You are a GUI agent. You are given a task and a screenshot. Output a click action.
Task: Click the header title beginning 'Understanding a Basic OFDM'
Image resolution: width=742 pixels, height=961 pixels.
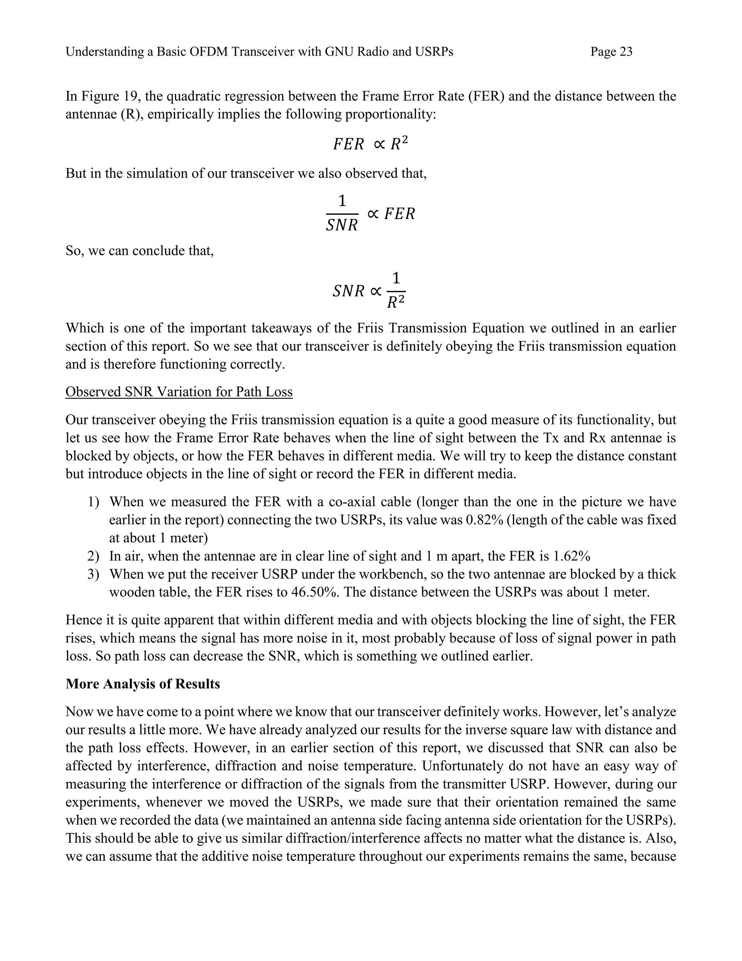pyautogui.click(x=259, y=52)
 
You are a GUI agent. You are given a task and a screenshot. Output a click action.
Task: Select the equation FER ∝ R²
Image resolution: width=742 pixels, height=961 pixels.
pyautogui.click(x=370, y=144)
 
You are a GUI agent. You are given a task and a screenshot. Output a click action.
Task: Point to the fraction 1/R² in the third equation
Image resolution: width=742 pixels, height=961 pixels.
pyautogui.click(x=396, y=291)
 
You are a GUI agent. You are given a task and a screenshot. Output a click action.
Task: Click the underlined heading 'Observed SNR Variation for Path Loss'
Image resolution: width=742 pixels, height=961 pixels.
pyautogui.click(x=179, y=392)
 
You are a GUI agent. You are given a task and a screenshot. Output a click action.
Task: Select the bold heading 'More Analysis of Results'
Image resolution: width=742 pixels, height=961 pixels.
pyautogui.click(x=142, y=684)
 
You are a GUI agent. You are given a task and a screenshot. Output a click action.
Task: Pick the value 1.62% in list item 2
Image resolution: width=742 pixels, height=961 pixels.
pyautogui.click(x=571, y=556)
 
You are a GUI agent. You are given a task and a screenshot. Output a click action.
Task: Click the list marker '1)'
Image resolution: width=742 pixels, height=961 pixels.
pyautogui.click(x=93, y=502)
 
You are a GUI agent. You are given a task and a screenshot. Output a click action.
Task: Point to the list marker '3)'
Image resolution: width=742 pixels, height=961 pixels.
pyautogui.click(x=93, y=574)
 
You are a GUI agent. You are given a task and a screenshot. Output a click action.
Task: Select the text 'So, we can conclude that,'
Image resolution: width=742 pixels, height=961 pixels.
pyautogui.click(x=139, y=251)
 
